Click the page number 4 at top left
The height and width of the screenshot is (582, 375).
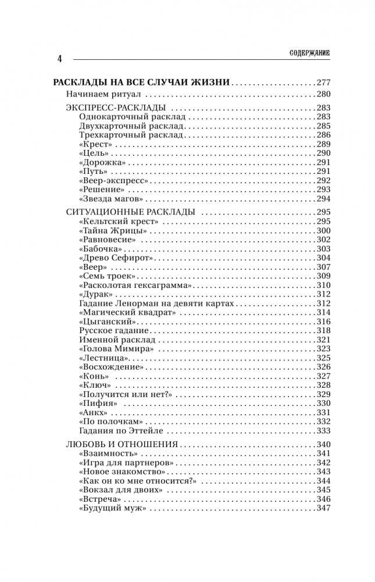point(59,59)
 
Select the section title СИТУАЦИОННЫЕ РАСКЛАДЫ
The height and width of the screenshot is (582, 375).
point(127,212)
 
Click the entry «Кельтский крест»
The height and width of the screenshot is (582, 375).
point(118,222)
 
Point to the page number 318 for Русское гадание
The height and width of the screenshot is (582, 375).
point(323,331)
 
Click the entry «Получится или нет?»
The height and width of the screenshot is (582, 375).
point(124,394)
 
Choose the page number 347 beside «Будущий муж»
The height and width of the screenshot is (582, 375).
point(323,509)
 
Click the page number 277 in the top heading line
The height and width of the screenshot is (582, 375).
point(323,82)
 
